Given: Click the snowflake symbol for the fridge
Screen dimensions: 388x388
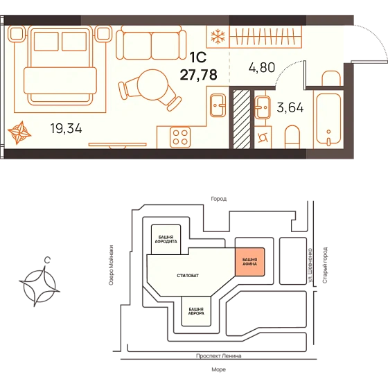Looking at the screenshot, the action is (x=218, y=37).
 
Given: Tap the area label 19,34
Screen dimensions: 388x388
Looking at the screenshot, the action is (x=66, y=129).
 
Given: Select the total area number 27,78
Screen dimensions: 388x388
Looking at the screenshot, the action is (x=199, y=75).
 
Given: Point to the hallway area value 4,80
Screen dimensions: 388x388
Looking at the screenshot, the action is (x=262, y=68).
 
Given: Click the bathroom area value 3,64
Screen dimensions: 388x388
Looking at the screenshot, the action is (x=290, y=108).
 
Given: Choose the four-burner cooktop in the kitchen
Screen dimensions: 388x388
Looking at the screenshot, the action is (x=180, y=137).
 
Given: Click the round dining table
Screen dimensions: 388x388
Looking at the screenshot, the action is (x=152, y=85).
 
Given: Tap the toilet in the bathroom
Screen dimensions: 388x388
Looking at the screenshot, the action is (x=292, y=137).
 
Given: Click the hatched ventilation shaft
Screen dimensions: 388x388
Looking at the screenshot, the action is (x=242, y=119).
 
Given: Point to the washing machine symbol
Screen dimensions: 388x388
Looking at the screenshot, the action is (x=263, y=138).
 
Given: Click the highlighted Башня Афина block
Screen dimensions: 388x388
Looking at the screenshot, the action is (x=249, y=262).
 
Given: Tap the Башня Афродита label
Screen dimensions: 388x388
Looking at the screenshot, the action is (x=166, y=239).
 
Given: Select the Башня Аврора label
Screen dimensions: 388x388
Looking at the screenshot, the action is (x=196, y=311).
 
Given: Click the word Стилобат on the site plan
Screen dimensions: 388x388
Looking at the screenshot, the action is (x=188, y=276).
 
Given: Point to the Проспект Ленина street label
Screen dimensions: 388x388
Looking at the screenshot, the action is (x=218, y=356).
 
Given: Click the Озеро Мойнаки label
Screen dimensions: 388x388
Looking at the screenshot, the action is (x=112, y=265).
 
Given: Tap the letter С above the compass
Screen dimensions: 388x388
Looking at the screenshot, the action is (x=47, y=260).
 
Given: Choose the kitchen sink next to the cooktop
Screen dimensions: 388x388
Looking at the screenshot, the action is (x=218, y=105).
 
